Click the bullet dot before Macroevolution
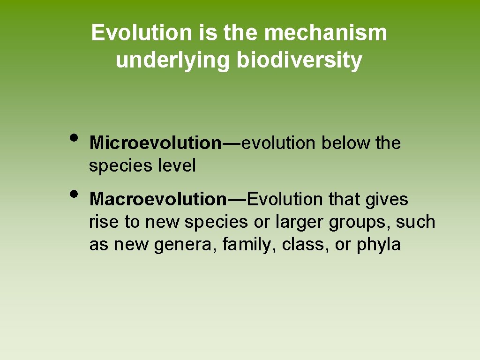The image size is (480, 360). click(74, 193)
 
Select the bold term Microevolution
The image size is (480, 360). click(155, 143)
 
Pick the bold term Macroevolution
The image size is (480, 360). click(158, 199)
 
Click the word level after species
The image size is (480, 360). click(176, 165)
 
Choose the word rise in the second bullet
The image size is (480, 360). click(104, 222)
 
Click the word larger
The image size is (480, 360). click(300, 222)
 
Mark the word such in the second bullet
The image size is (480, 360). click(415, 222)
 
